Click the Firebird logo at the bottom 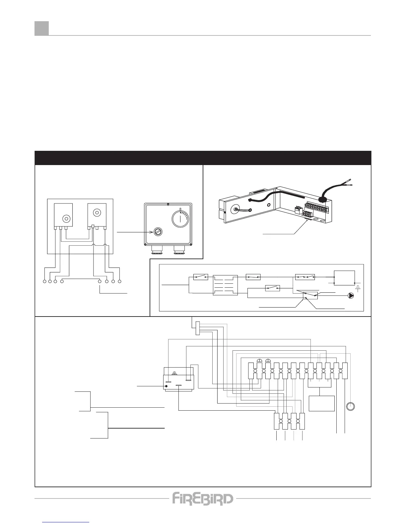[x=203, y=498]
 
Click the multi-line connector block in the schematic [x=226, y=285]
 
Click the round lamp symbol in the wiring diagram [x=351, y=406]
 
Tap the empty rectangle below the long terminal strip [x=321, y=403]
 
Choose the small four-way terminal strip [x=289, y=421]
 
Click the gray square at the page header [x=42, y=28]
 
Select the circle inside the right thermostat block [x=97, y=212]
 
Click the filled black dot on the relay [x=166, y=386]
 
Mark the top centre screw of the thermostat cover [x=168, y=204]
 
